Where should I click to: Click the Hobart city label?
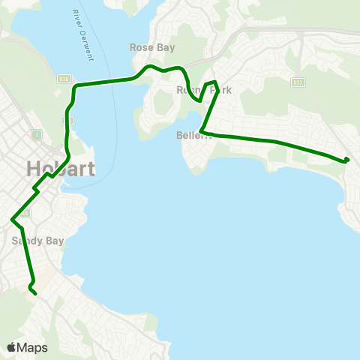[x=61, y=168]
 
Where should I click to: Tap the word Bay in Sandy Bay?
[x=54, y=241]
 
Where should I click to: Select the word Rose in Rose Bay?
[x=140, y=46]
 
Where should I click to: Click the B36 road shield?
[x=66, y=77]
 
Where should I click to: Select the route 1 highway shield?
[x=34, y=133]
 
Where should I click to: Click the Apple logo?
[x=11, y=347]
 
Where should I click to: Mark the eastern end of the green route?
[x=347, y=160]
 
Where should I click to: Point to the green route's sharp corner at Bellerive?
[x=202, y=133]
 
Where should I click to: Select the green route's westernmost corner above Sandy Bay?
[x=12, y=219]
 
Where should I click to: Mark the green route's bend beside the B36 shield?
[x=74, y=88]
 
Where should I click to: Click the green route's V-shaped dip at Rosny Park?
[x=199, y=100]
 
